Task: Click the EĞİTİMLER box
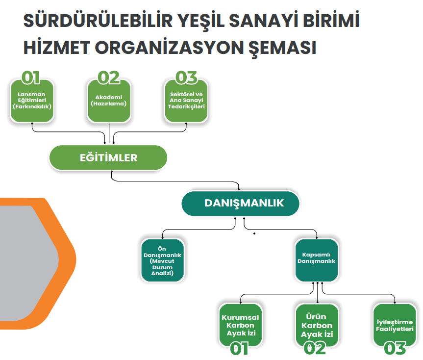[x=108, y=157]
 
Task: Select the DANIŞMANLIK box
[x=240, y=203]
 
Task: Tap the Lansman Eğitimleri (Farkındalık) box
[x=32, y=101]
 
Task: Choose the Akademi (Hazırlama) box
[x=109, y=101]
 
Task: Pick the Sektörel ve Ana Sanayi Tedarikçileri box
[x=186, y=101]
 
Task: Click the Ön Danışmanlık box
[x=162, y=260]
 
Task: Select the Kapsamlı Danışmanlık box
[x=317, y=260]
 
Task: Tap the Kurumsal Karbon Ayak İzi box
[x=240, y=325]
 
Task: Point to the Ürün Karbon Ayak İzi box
[x=317, y=325]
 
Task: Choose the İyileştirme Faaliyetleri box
[x=395, y=325]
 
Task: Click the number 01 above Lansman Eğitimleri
[x=31, y=77]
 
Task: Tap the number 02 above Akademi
[x=108, y=77]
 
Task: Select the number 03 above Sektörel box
[x=186, y=77]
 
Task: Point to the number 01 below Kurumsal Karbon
[x=239, y=348]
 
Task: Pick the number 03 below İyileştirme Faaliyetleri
[x=395, y=348]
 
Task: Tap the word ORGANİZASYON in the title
[x=169, y=48]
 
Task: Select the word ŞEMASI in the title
[x=282, y=49]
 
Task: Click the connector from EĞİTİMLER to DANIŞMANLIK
[x=175, y=181]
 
